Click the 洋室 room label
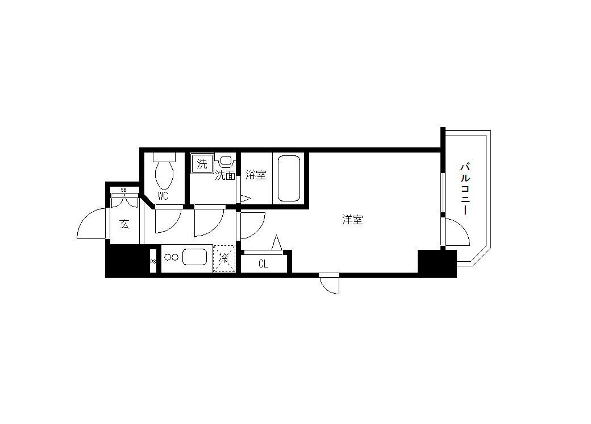tap(352, 219)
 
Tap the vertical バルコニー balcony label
tap(465, 188)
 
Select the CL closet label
tap(264, 264)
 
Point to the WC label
tap(163, 196)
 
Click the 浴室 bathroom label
tap(256, 174)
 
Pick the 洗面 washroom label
tap(225, 175)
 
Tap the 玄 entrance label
tap(124, 224)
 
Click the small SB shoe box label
tap(124, 190)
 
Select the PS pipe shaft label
tap(153, 261)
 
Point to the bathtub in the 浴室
tap(289, 178)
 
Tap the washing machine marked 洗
tap(202, 163)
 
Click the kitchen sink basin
tap(195, 257)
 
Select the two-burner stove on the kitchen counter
tap(170, 257)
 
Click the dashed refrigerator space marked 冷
tap(224, 258)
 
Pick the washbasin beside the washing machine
tap(226, 161)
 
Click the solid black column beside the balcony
tap(437, 264)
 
